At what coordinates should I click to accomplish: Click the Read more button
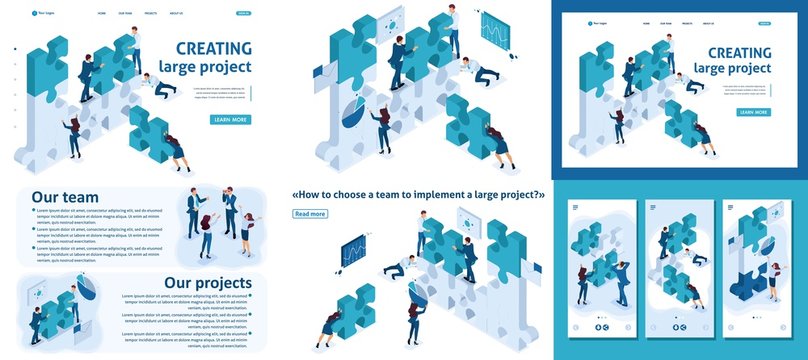[x=310, y=214]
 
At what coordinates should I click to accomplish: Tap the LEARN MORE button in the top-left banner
[x=230, y=120]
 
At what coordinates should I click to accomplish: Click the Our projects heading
[x=211, y=283]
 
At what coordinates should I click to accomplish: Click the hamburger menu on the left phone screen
[x=576, y=207]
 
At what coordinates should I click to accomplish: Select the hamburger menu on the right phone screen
[x=731, y=207]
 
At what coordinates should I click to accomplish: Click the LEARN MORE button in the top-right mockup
[x=753, y=112]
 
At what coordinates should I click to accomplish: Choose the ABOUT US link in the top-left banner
[x=176, y=14]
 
